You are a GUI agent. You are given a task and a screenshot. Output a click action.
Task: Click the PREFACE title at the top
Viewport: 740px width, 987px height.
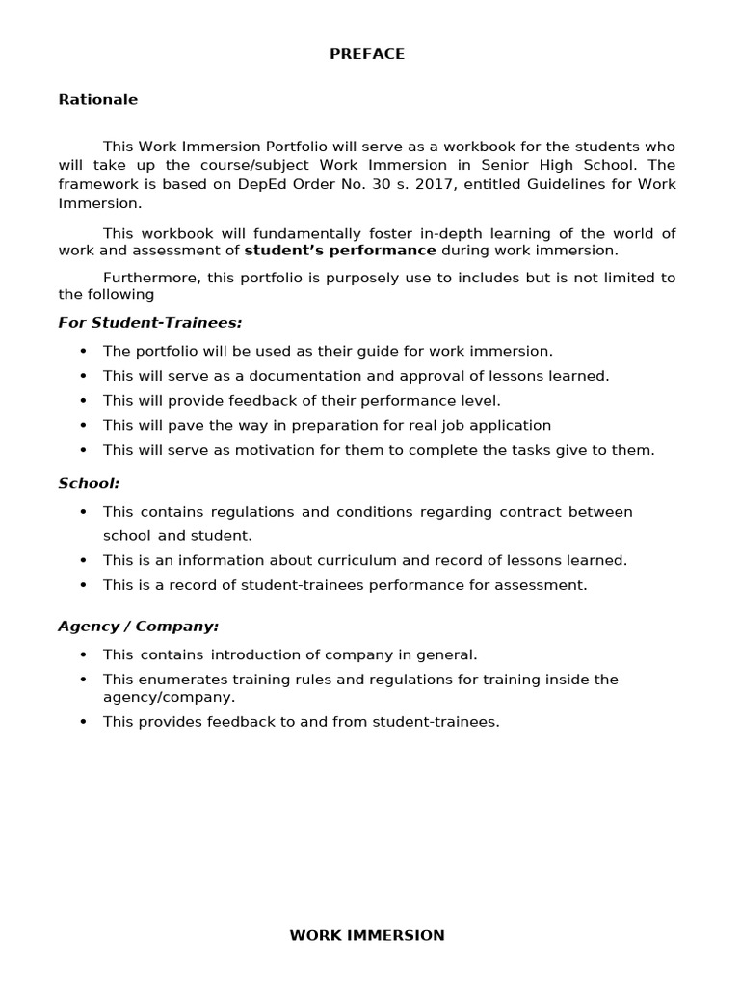click(367, 54)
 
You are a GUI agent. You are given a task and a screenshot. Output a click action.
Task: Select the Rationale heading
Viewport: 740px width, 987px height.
click(98, 99)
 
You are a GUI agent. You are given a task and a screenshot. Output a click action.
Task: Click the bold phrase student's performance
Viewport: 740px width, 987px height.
click(340, 250)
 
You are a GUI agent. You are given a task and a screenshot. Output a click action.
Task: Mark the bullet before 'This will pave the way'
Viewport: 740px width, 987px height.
click(83, 426)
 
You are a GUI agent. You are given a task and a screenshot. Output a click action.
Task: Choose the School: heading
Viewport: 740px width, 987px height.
click(89, 482)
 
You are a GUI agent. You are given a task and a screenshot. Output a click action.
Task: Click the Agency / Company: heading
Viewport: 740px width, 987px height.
click(139, 626)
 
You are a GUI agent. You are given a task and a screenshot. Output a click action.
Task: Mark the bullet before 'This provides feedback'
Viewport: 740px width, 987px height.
click(83, 722)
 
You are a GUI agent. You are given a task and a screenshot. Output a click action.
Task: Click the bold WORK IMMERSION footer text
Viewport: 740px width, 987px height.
click(367, 935)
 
